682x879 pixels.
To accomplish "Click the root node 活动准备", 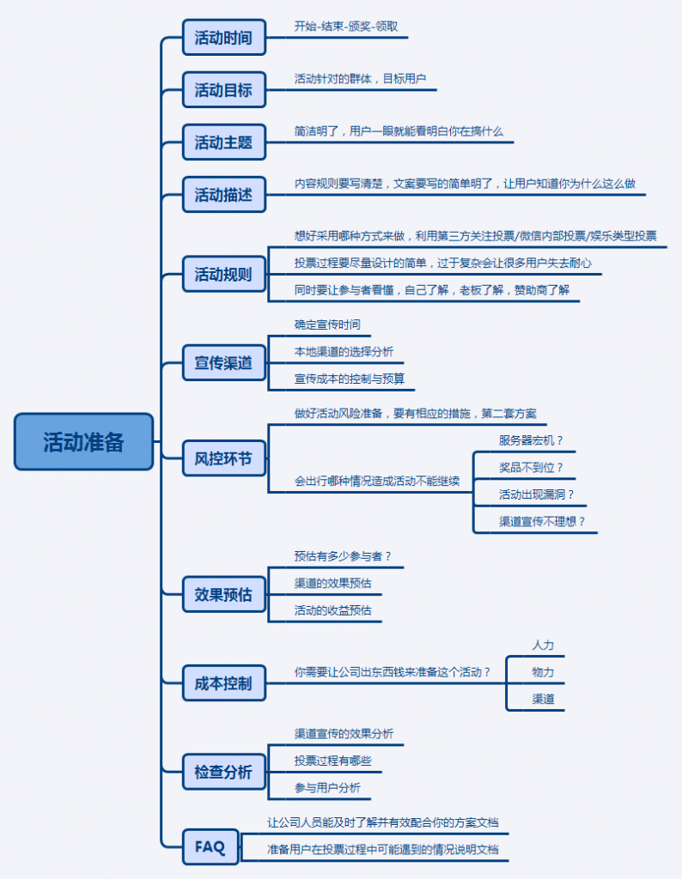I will pyautogui.click(x=83, y=441).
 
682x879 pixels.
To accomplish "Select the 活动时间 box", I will pyautogui.click(x=223, y=38).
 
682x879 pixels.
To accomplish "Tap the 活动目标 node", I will pyautogui.click(x=223, y=89).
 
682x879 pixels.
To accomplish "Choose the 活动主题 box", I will pyautogui.click(x=223, y=142).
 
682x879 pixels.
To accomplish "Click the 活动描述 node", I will pyautogui.click(x=223, y=195).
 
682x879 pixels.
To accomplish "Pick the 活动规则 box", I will pyautogui.click(x=223, y=275).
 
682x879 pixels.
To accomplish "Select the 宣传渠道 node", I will pyautogui.click(x=223, y=362).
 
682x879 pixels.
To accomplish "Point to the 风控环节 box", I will pyautogui.click(x=223, y=460).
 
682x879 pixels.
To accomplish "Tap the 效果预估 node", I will pyautogui.click(x=223, y=594).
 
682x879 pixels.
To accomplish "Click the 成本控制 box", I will pyautogui.click(x=223, y=683).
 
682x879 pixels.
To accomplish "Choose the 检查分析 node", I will pyautogui.click(x=223, y=772).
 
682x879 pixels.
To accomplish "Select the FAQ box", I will pyautogui.click(x=210, y=847).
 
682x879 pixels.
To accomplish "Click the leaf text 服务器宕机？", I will pyautogui.click(x=531, y=440).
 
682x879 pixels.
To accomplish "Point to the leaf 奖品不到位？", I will pyautogui.click(x=531, y=467).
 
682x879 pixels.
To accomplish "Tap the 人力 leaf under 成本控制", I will pyautogui.click(x=543, y=645).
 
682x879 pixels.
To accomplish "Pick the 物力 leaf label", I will pyautogui.click(x=543, y=672).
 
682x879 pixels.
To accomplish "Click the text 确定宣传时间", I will pyautogui.click(x=327, y=324).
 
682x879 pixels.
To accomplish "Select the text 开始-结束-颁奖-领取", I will pyautogui.click(x=346, y=27).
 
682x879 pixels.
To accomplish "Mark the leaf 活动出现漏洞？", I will pyautogui.click(x=537, y=494).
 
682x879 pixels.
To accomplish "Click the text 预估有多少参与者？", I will pyautogui.click(x=343, y=556).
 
